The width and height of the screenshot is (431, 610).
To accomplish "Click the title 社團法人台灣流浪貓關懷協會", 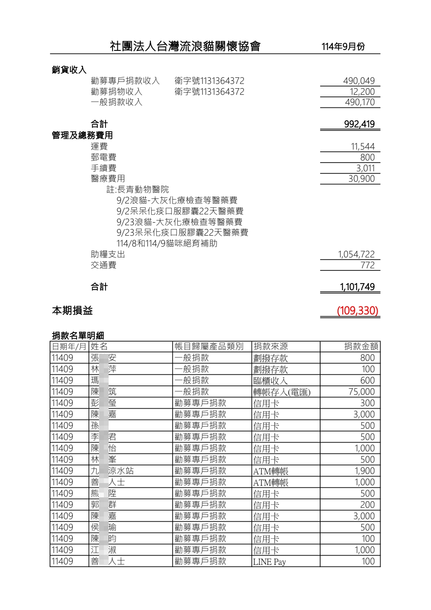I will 185,46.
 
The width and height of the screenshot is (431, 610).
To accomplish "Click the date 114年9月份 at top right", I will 343,47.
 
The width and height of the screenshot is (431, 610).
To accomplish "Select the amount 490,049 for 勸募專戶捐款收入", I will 358,81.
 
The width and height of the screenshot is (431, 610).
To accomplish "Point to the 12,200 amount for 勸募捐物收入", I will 362,92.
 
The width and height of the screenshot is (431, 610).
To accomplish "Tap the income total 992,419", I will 359,124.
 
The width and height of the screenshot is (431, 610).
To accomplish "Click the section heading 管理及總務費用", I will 82,135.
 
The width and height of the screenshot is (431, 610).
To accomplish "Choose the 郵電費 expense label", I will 103,157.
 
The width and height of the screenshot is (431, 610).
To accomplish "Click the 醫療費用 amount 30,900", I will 361,179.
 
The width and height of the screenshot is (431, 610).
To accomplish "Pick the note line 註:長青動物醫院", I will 138,190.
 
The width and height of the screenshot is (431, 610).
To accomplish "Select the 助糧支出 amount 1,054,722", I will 356,254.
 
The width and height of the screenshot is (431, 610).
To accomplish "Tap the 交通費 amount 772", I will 367,265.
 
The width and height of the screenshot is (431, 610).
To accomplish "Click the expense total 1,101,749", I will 357,287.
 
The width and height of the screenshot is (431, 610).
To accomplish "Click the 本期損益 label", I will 72,311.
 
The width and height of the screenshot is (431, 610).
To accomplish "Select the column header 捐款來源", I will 271,347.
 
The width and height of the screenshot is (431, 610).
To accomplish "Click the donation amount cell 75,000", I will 361,392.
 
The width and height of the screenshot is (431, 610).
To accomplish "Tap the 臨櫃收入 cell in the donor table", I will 270,381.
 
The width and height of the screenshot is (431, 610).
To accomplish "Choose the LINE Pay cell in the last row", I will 269,562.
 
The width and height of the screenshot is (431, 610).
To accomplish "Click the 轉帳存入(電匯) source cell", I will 282,392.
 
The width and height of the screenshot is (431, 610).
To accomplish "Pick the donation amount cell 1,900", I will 364,471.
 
